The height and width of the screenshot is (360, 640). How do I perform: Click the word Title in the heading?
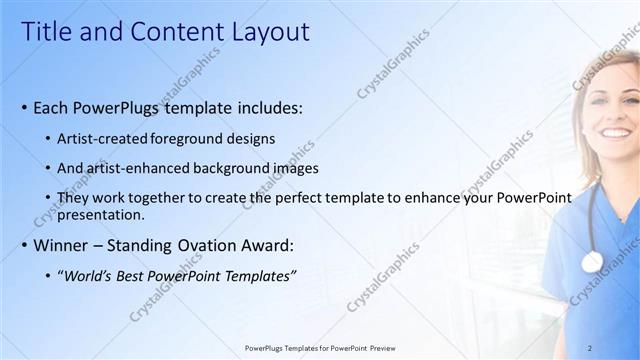[45, 32]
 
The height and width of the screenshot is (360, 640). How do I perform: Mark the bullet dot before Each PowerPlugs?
[24, 108]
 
